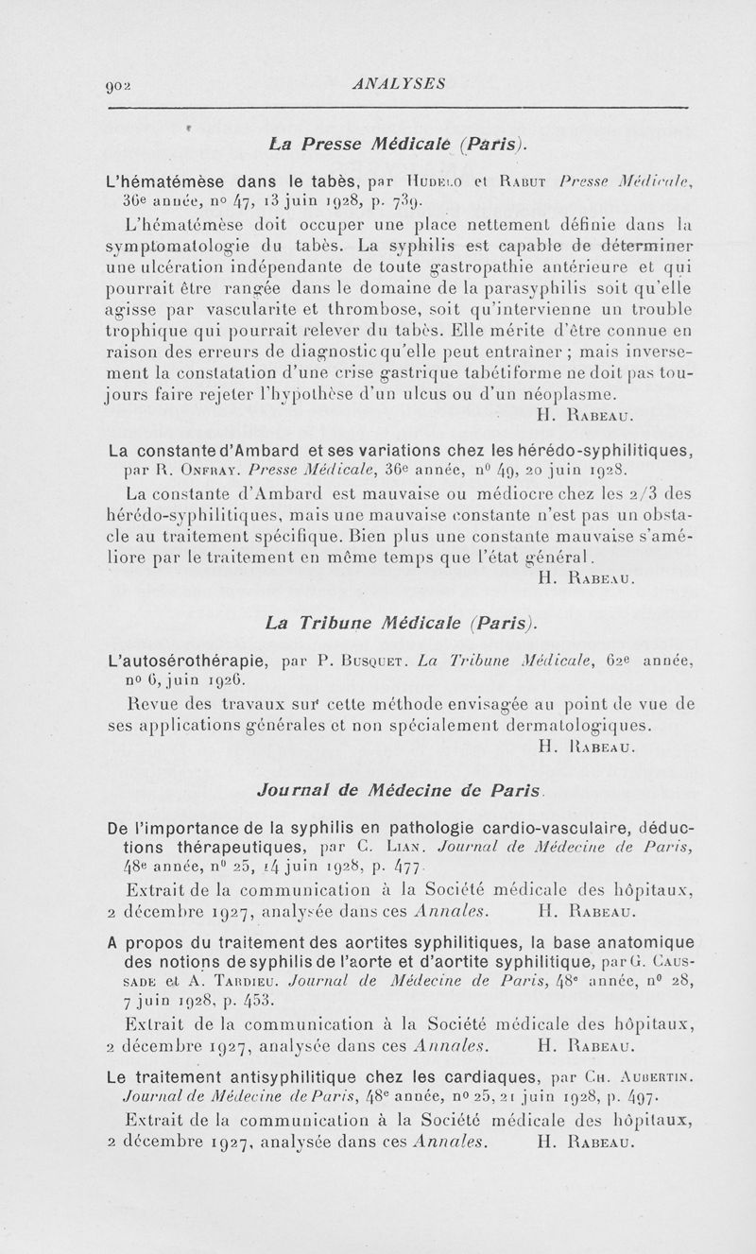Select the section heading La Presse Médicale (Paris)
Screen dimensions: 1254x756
[x=395, y=145]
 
